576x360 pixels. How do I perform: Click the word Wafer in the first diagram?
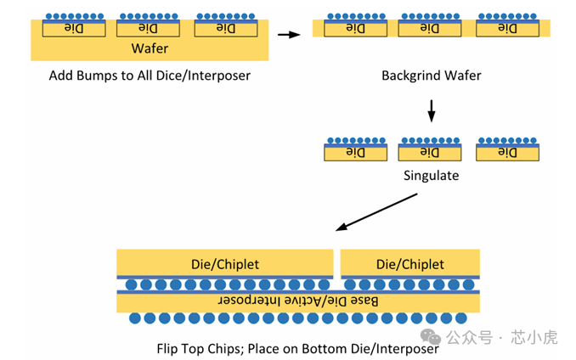coord(150,48)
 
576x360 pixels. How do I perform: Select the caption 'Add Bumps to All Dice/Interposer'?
coord(150,76)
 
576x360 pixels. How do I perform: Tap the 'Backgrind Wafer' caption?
coord(431,76)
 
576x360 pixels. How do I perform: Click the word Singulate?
coord(431,176)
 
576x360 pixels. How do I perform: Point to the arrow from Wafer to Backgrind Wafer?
coord(290,35)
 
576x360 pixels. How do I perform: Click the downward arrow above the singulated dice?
coord(432,111)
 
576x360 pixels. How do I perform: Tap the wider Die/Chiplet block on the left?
coord(224,264)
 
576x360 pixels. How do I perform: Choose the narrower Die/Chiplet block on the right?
coord(409,264)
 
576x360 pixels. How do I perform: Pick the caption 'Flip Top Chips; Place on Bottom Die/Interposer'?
coord(297,348)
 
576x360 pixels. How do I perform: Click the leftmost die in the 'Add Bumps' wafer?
coord(74,29)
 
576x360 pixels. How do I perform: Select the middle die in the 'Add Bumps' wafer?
coord(150,29)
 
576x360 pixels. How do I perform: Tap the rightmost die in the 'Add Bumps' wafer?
coord(225,29)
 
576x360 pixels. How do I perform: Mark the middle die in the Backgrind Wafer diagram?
coord(431,29)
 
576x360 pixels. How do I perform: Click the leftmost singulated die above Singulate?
coord(353,153)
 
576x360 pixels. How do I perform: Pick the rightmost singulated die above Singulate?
coord(506,153)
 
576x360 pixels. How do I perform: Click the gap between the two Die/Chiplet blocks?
coord(337,264)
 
